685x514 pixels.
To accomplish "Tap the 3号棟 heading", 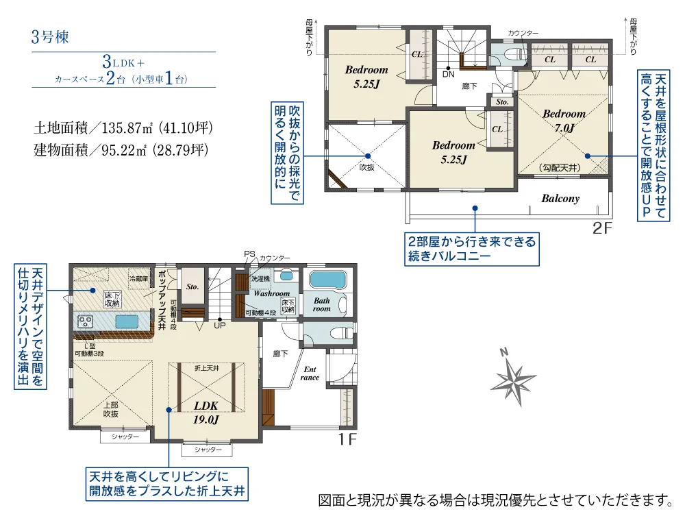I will (x=50, y=36).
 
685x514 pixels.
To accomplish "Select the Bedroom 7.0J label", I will (x=564, y=121).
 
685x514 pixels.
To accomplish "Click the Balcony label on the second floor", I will (x=560, y=199).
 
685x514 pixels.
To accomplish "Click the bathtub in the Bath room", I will (x=327, y=280).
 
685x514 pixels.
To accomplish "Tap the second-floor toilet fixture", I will (x=508, y=56).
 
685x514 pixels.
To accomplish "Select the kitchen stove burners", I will (x=87, y=320).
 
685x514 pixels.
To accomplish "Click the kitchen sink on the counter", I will (x=127, y=321).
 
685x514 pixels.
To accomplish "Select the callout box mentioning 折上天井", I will (x=167, y=484).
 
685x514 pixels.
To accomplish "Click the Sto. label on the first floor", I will (x=192, y=287).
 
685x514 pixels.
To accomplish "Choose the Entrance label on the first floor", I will (x=310, y=374).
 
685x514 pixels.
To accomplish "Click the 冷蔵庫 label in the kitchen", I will (x=139, y=278).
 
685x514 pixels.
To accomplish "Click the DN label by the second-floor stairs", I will (x=448, y=73).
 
